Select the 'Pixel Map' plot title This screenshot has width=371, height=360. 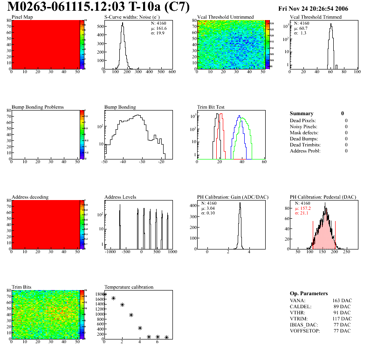tap(22, 17)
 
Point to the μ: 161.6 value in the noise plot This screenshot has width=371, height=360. tap(159, 28)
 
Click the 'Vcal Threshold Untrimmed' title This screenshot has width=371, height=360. tap(226, 17)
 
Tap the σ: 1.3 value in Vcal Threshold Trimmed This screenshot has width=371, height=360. tap(300, 33)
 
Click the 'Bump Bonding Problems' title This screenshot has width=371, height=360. tap(38, 107)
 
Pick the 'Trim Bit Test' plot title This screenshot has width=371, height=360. tap(211, 107)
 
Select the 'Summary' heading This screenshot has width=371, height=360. tap(302, 113)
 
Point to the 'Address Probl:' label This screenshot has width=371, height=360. tap(305, 151)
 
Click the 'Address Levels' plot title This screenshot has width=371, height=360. tap(120, 197)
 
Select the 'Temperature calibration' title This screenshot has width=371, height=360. tap(129, 287)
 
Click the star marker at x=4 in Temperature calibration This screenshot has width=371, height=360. tap(140, 328)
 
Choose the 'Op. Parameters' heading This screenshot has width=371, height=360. tap(309, 293)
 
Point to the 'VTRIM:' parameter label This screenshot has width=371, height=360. tap(299, 318)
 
